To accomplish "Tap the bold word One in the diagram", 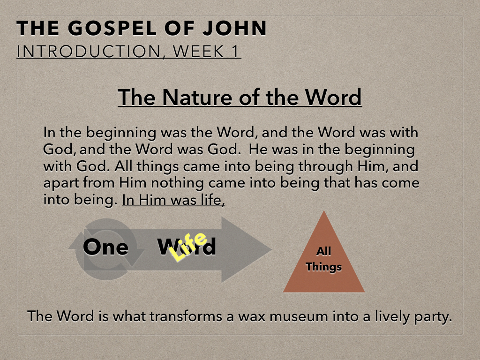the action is tap(105, 247).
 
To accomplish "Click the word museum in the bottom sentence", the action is tap(299, 316).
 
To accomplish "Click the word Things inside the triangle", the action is tap(323, 267).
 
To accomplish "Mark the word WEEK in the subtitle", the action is tap(198, 51).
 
